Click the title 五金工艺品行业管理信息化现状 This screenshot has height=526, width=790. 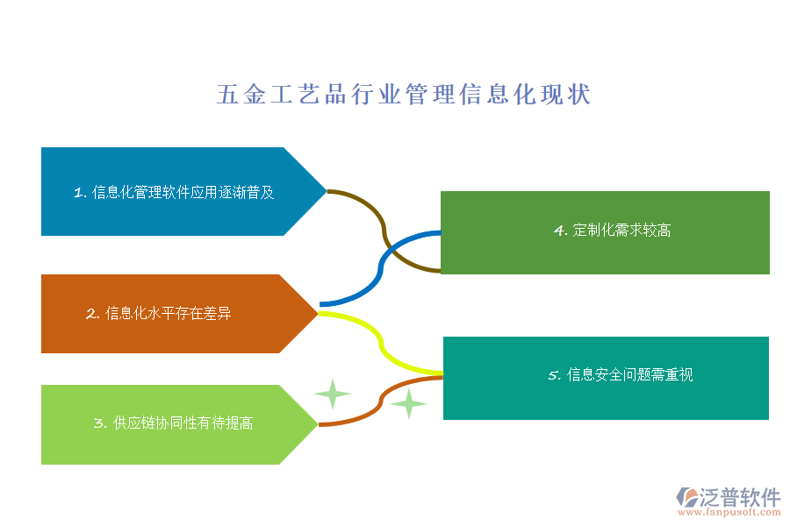(x=404, y=95)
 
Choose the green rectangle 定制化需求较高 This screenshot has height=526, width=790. (x=605, y=232)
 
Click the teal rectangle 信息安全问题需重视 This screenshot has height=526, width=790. (x=606, y=378)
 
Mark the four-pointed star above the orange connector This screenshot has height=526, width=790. (x=333, y=394)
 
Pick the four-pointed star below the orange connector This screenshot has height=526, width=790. (x=408, y=403)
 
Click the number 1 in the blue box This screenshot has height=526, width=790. (x=79, y=193)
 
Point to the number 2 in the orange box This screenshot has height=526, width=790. (x=91, y=314)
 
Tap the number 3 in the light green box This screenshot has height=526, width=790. (x=99, y=423)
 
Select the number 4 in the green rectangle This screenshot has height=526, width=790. (x=559, y=231)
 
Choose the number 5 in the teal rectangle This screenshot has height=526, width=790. (x=553, y=375)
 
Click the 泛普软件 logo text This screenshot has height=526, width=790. (x=740, y=497)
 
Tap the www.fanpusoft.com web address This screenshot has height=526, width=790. (x=729, y=512)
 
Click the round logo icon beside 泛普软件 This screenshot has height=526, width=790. (x=687, y=497)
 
